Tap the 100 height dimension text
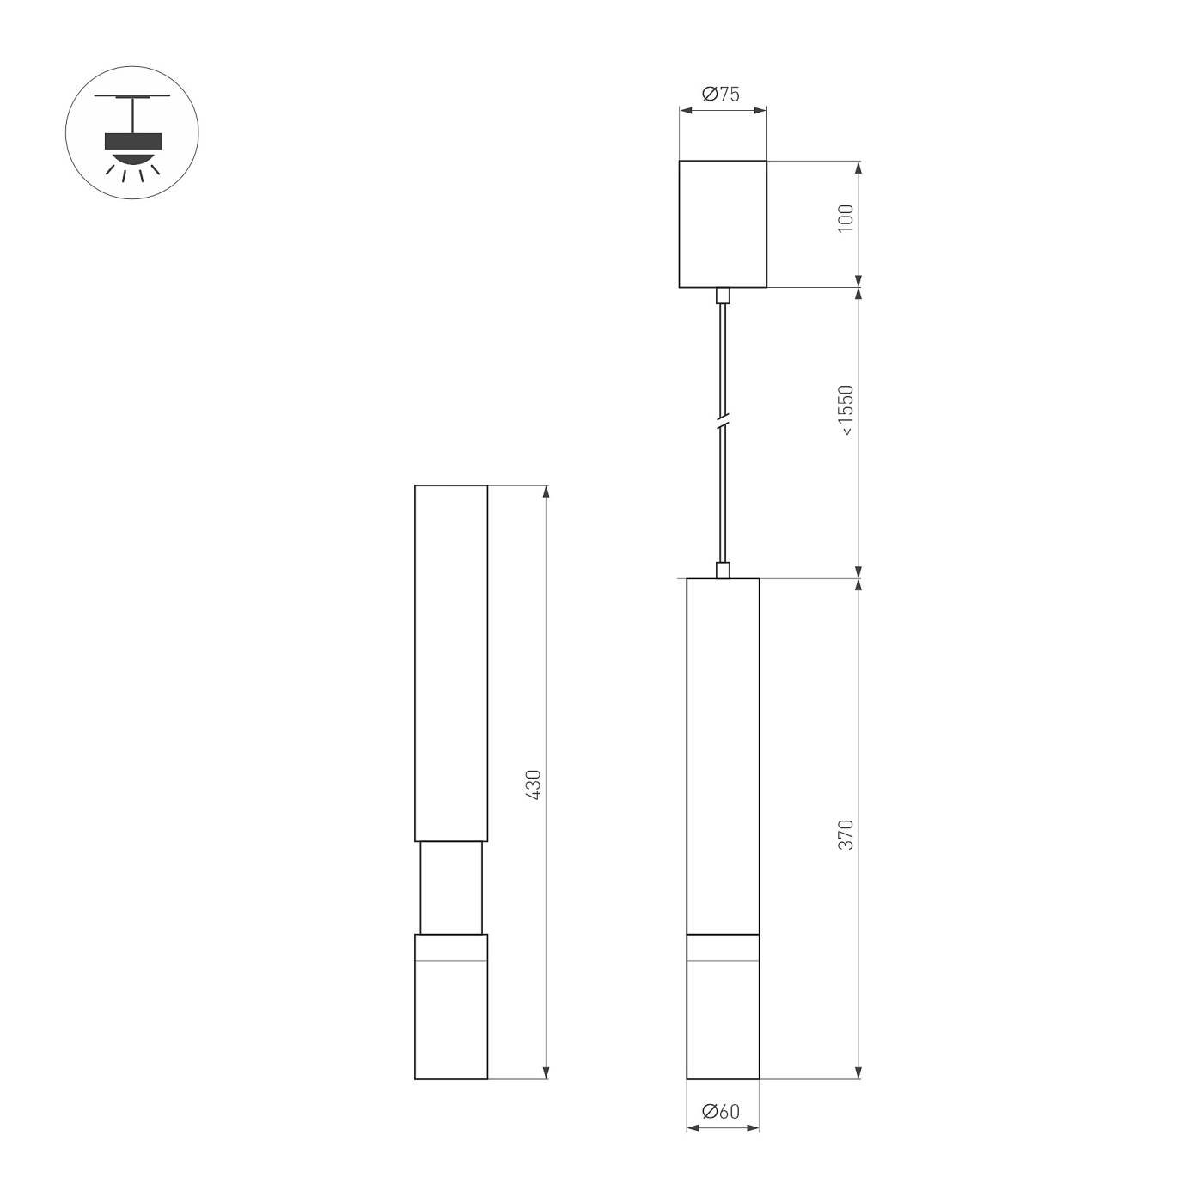[846, 218]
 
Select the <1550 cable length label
[846, 410]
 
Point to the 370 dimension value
[846, 835]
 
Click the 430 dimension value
[533, 785]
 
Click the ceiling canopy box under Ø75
[723, 224]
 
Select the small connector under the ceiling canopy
[723, 296]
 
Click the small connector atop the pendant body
[723, 570]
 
